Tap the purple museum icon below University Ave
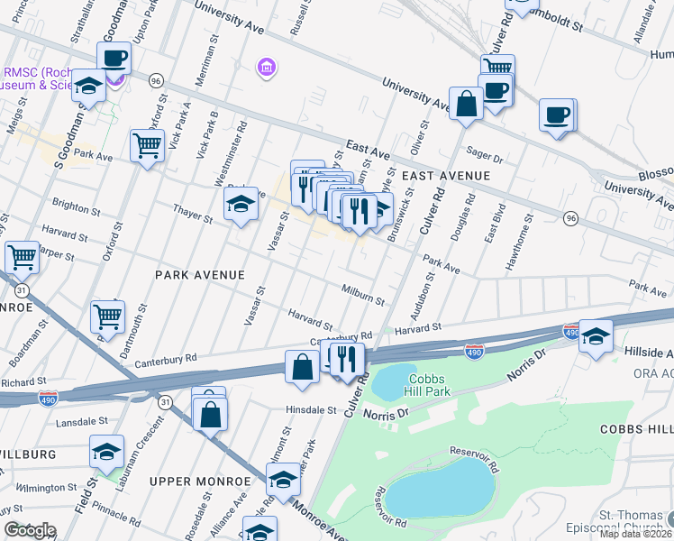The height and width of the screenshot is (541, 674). pos(267,68)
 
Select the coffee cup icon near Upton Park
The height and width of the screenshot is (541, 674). pos(114,59)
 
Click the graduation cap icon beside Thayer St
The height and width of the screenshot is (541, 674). pos(241,206)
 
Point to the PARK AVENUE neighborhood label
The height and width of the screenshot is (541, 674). pos(200,274)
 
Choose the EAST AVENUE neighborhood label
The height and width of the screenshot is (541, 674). pos(446,176)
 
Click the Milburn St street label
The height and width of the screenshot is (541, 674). pos(363,294)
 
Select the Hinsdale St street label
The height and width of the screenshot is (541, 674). pos(298,409)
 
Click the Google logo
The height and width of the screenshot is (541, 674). pos(30,530)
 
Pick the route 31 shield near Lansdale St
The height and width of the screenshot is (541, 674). pos(165,399)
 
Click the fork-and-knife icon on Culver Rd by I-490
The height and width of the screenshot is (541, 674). pos(347,360)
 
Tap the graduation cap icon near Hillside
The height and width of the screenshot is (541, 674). pos(596,336)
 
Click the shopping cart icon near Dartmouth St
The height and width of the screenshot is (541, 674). pos(107,316)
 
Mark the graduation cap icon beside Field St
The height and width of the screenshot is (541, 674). pos(106,452)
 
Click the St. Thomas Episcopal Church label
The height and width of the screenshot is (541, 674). pos(629,521)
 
